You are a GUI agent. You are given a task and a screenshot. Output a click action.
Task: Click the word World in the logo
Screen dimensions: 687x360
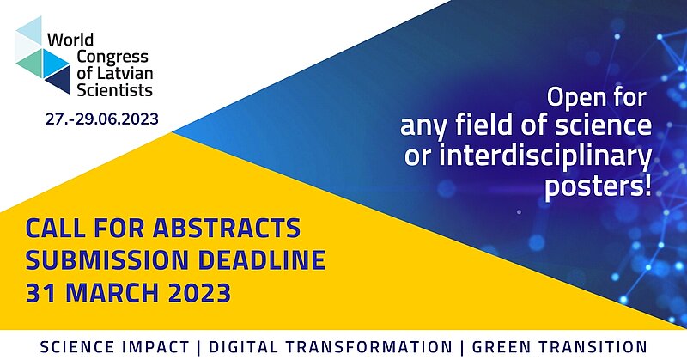tap(70, 40)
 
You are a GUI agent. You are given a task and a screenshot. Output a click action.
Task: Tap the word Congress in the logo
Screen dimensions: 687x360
tap(112, 58)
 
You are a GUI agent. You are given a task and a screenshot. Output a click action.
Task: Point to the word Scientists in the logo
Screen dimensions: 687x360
tap(114, 90)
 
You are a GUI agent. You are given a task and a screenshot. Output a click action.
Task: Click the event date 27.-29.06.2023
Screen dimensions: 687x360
tap(102, 119)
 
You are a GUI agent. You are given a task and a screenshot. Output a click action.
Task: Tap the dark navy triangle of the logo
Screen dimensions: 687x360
tap(60, 80)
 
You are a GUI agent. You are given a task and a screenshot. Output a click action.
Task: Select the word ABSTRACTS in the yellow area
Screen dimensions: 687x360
tap(227, 229)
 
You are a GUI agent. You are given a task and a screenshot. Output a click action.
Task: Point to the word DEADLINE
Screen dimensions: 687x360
tap(262, 260)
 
